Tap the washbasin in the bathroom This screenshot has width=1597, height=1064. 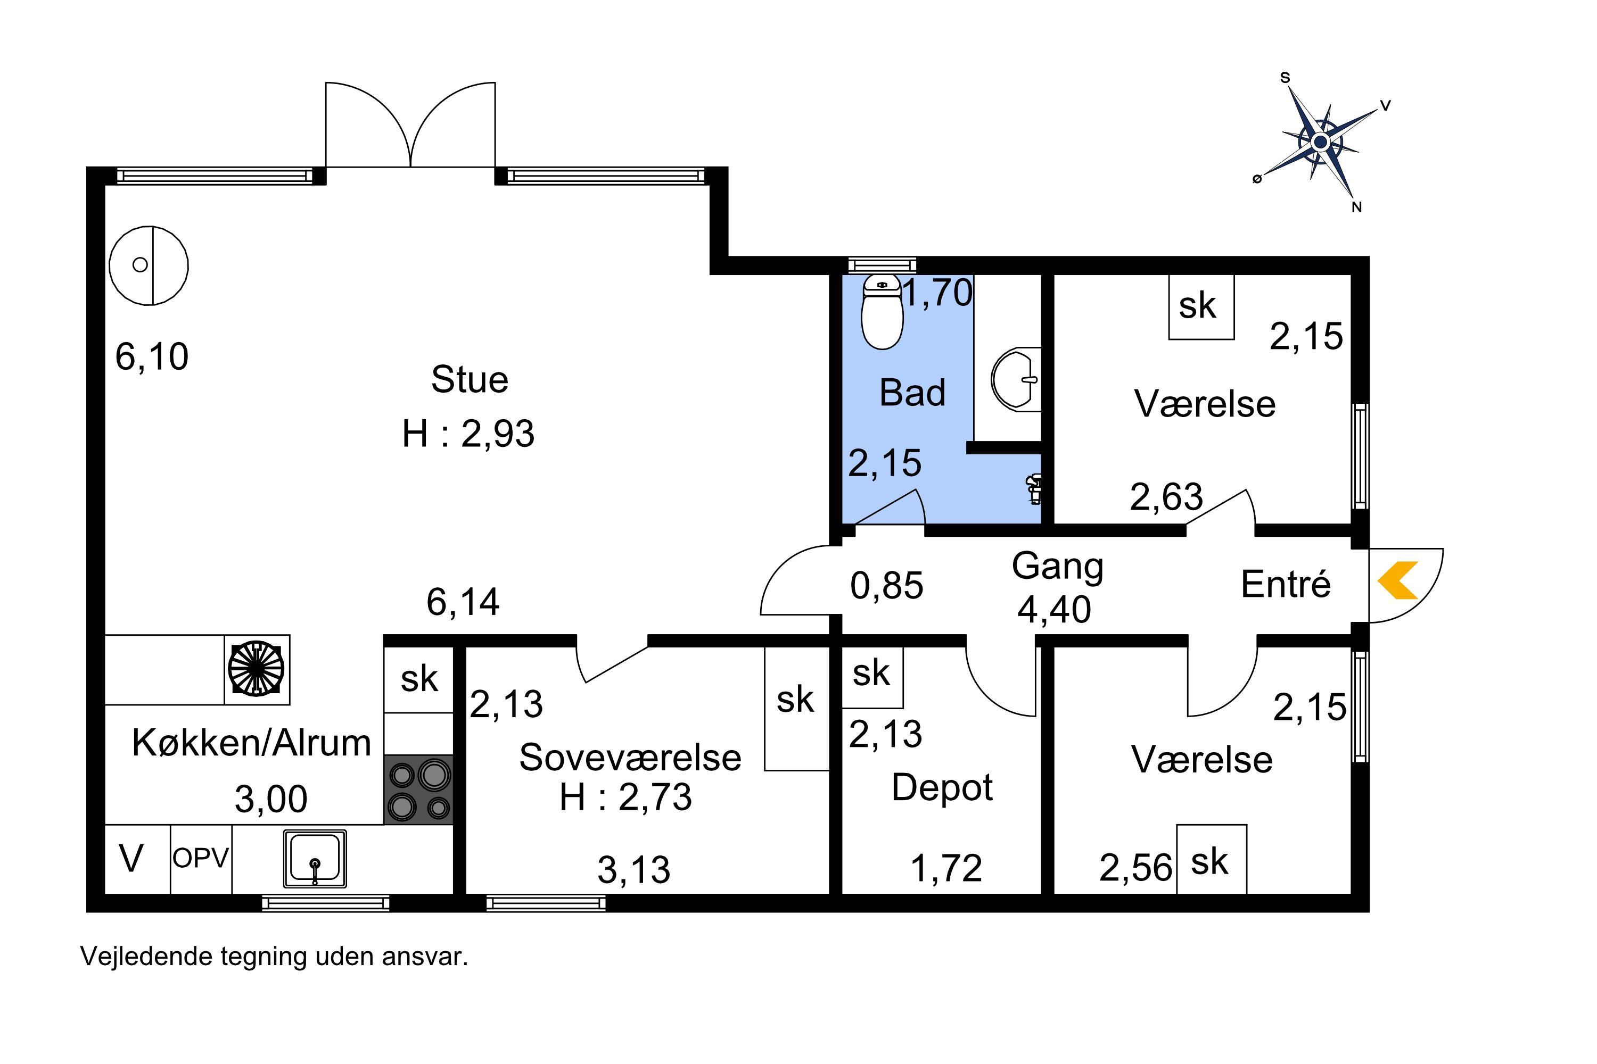1016,379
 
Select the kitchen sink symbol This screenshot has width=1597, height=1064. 315,859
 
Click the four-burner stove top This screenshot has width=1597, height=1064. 418,790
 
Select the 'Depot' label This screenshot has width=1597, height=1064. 942,788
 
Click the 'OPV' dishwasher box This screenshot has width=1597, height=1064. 201,859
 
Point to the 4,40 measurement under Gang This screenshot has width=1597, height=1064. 1054,609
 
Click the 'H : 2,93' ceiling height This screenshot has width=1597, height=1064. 468,434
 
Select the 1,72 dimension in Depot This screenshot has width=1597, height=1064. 946,869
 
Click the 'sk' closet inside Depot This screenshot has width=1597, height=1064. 872,677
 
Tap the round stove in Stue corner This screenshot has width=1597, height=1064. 149,265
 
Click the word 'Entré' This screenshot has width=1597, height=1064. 1286,584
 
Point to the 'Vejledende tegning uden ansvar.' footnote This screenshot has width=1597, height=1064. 274,957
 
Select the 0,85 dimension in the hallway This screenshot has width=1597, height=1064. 887,586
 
